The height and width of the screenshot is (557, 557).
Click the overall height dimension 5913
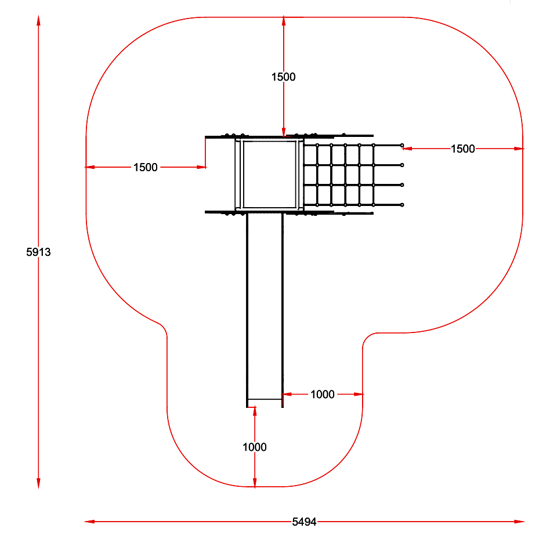(x=38, y=252)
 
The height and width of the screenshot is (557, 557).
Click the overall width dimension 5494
(x=304, y=522)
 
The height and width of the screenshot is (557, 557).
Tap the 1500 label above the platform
(x=284, y=77)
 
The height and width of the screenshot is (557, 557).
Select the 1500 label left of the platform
(x=145, y=167)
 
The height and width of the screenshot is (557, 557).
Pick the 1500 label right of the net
(x=463, y=149)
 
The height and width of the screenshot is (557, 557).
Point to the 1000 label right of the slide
(x=323, y=394)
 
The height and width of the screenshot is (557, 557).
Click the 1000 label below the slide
(x=254, y=447)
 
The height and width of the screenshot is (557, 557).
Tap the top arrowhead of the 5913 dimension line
(x=38, y=20)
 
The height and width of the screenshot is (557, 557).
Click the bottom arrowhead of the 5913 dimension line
(x=38, y=483)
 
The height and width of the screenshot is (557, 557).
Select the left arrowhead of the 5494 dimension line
(x=89, y=522)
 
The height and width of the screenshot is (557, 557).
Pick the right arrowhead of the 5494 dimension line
(x=519, y=522)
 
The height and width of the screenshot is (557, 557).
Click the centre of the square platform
(x=269, y=175)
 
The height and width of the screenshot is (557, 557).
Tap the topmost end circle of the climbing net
(x=402, y=145)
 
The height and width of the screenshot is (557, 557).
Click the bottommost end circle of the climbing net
(x=402, y=205)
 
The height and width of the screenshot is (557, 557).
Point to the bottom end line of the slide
(x=265, y=399)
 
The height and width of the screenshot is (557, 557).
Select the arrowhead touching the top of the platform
(x=284, y=132)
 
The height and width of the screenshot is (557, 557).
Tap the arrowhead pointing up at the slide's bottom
(x=255, y=411)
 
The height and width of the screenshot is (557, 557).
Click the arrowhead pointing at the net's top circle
(x=407, y=149)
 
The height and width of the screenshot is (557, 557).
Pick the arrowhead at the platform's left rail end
(x=201, y=167)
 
